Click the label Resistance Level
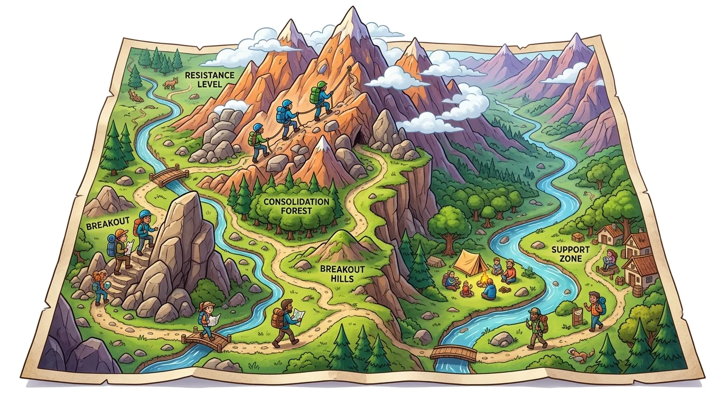point(209,79)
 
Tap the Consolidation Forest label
point(296,206)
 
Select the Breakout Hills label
point(342,274)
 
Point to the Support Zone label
point(566,254)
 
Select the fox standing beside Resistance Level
point(170,82)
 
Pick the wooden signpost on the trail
point(577,316)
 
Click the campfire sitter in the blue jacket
point(489,289)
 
